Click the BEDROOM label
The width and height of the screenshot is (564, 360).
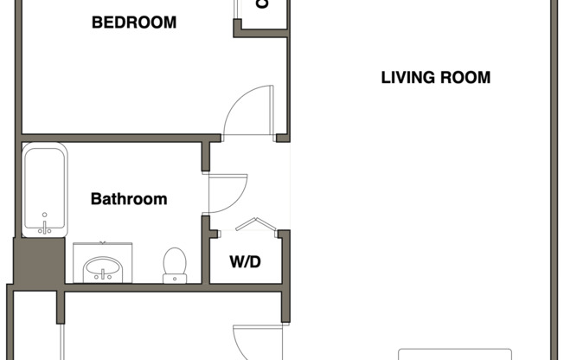[134, 22]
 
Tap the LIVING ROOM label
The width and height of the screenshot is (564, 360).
[435, 78]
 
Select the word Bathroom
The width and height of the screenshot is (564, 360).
[129, 199]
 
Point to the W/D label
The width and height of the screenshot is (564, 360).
[245, 261]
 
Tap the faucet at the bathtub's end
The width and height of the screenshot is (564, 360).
[44, 227]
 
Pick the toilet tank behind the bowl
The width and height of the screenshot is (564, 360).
[175, 278]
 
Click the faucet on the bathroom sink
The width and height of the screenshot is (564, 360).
[103, 275]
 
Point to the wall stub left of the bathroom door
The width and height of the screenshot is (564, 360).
[206, 156]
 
